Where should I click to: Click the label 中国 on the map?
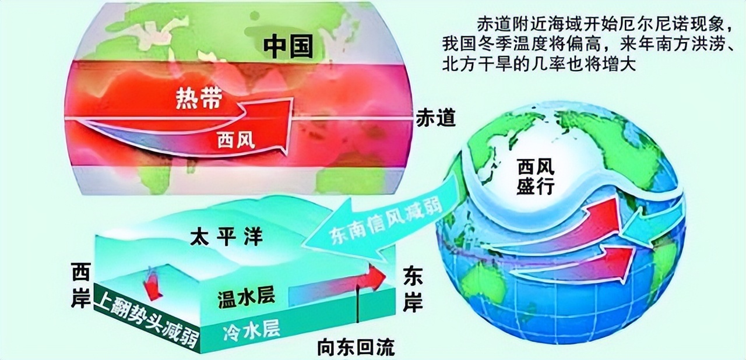point(288,46)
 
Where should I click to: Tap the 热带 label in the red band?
point(198,100)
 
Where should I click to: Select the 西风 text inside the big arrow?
point(235,140)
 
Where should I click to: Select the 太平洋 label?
point(227,237)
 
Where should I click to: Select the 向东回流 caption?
point(356,348)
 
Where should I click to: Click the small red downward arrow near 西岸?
point(153,285)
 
